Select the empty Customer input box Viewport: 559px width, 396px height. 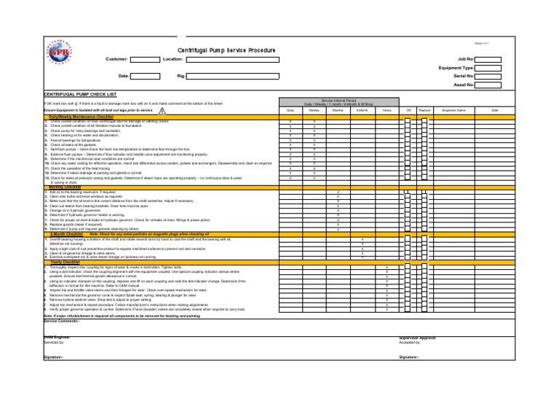pyautogui.click(x=145, y=58)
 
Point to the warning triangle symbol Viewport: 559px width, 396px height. pyautogui.click(x=162, y=110)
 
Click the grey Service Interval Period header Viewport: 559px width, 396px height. pyautogui.click(x=337, y=102)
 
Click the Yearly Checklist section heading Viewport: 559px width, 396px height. pyautogui.click(x=64, y=261)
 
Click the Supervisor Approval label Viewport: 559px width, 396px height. pyautogui.click(x=417, y=338)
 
